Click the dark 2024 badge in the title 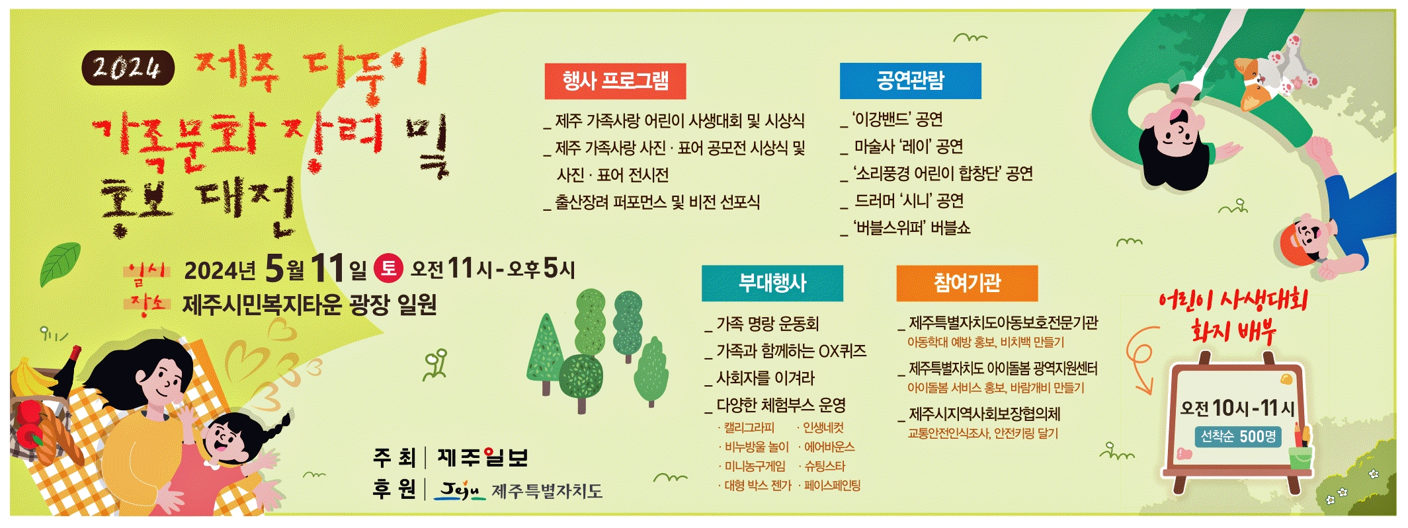(x=128, y=67)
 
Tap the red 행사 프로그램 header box (x=615, y=81)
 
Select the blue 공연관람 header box (x=910, y=81)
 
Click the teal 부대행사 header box (x=772, y=283)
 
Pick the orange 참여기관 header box (x=967, y=283)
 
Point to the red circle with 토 (x=388, y=268)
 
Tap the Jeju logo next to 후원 (x=460, y=490)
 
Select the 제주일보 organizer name (x=483, y=457)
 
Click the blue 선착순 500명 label (x=1238, y=437)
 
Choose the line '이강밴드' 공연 (x=892, y=120)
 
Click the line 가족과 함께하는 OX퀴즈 (x=786, y=351)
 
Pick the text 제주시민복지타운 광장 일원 (x=310, y=305)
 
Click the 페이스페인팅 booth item (x=832, y=486)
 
